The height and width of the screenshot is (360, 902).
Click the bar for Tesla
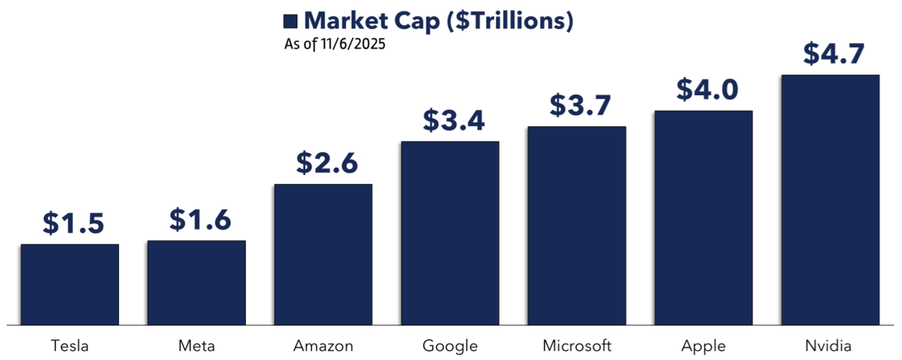[x=70, y=285]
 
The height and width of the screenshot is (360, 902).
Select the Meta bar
[x=197, y=283]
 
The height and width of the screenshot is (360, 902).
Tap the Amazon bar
[x=323, y=254]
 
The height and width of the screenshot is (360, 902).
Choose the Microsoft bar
[x=577, y=225]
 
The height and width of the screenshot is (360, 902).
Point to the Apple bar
[x=703, y=218]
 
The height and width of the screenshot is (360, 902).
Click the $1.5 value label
[x=73, y=223]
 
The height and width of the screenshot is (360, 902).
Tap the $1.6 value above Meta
[x=200, y=220]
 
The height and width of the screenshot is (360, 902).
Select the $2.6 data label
[x=327, y=163]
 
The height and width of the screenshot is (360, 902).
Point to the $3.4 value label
[x=454, y=120]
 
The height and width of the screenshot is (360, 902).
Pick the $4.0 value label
[x=708, y=89]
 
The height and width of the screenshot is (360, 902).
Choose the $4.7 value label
[x=834, y=54]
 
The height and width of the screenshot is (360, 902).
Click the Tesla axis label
[x=70, y=346]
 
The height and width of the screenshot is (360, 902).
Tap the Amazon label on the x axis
[x=323, y=346]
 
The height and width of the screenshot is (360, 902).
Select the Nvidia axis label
[x=830, y=346]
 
